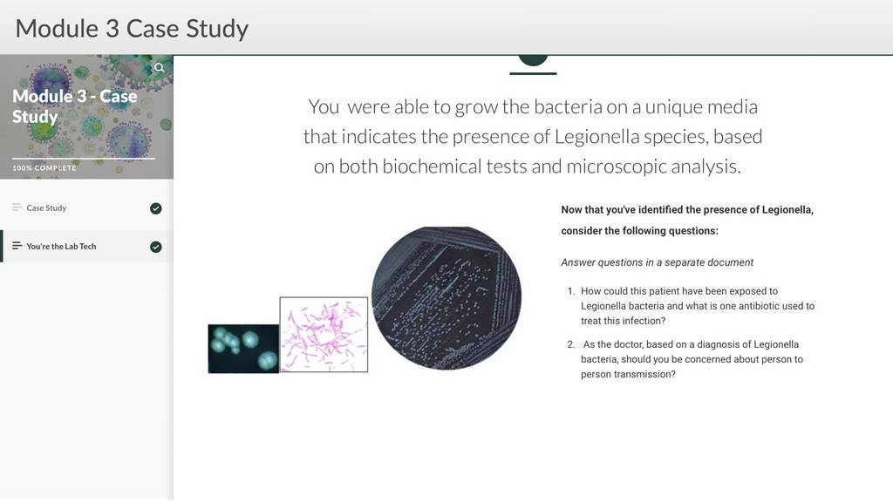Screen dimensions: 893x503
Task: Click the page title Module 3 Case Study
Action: click(132, 29)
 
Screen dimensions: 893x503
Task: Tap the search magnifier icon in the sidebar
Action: click(159, 68)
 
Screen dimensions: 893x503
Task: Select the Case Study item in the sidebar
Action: click(46, 207)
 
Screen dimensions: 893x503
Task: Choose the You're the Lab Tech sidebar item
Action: click(61, 247)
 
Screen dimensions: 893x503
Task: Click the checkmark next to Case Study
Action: click(155, 208)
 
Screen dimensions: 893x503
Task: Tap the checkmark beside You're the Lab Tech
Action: click(155, 247)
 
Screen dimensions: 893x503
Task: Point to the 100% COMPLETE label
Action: click(44, 168)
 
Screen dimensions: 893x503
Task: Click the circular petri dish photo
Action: click(446, 298)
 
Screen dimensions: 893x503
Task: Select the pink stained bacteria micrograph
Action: click(324, 335)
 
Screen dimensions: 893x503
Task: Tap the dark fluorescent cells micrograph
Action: click(243, 349)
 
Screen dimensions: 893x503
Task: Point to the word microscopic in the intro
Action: click(616, 167)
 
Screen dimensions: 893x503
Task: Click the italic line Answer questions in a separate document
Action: click(657, 262)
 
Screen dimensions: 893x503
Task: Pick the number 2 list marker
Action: click(571, 344)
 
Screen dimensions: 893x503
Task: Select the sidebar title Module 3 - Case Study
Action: click(75, 106)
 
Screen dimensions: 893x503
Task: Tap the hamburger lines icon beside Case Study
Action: click(17, 207)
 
